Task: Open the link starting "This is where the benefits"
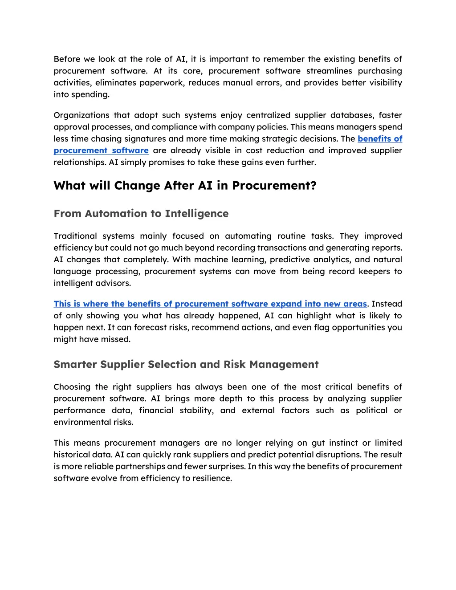coord(210,304)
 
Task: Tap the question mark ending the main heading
coord(313,186)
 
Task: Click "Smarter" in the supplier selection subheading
coord(75,365)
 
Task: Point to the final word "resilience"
coord(214,478)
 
